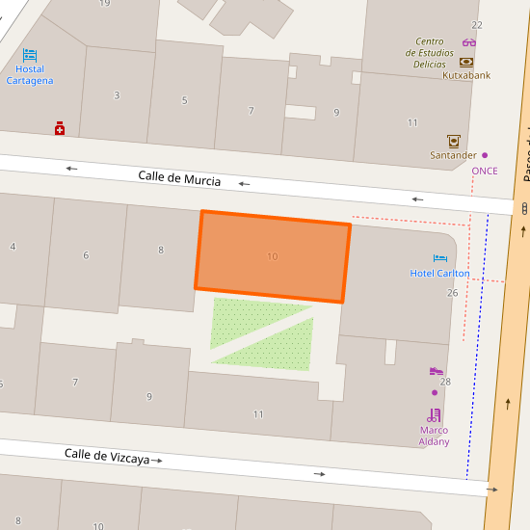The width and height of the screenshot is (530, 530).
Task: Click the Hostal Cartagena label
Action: (x=30, y=74)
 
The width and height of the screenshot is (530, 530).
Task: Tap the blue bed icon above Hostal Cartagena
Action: (x=30, y=55)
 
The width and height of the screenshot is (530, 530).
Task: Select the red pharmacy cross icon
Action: (x=60, y=128)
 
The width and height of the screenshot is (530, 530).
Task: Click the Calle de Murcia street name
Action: (x=179, y=178)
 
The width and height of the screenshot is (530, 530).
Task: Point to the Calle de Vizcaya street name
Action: (x=107, y=456)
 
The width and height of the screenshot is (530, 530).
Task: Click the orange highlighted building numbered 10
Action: (x=273, y=256)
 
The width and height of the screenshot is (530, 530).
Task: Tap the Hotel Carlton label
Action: (x=440, y=273)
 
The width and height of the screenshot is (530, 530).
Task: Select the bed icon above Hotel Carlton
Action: (x=440, y=258)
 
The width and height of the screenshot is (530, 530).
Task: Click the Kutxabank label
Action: (x=467, y=75)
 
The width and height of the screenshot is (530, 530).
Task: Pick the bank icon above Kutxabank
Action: (x=467, y=61)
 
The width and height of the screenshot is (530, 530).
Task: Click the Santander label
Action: (x=453, y=155)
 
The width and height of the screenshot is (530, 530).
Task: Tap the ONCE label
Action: (x=485, y=171)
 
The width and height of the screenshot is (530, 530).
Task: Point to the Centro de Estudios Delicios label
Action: (x=430, y=52)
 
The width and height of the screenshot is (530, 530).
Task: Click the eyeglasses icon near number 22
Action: (x=469, y=42)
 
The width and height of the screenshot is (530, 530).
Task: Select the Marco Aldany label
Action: (x=435, y=436)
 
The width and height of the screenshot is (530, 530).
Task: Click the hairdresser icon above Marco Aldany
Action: (x=435, y=415)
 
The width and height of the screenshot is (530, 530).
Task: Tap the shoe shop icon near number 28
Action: (x=436, y=371)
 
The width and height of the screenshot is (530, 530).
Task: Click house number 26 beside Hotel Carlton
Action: (x=452, y=292)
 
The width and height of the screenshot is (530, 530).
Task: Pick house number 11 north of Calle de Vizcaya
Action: (x=258, y=414)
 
